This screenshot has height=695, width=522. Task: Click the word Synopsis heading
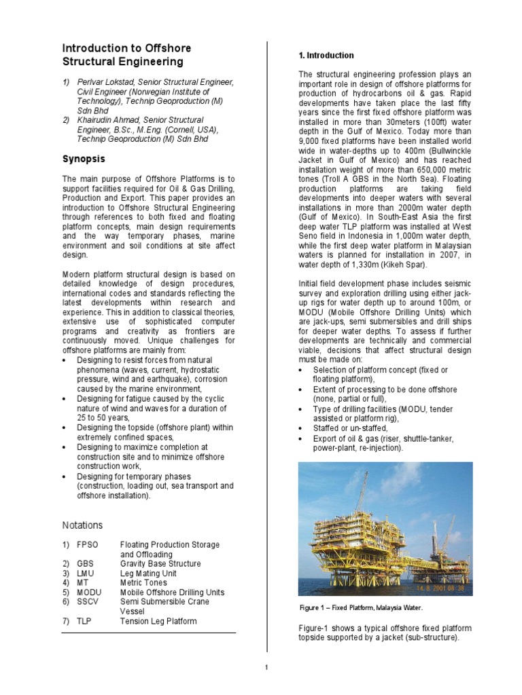[84, 159]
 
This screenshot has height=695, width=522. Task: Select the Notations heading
[82, 525]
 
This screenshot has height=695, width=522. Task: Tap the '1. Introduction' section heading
[326, 55]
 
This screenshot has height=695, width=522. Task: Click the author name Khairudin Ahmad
[113, 120]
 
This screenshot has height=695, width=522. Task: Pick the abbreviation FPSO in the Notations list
[88, 545]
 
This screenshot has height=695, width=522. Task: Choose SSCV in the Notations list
[88, 601]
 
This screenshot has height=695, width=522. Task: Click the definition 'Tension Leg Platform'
[158, 621]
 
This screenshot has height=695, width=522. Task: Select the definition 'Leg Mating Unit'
[150, 573]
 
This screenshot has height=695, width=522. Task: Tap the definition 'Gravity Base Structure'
[160, 563]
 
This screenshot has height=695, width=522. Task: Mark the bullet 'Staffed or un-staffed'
[350, 429]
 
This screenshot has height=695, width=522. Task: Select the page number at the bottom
[267, 668]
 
